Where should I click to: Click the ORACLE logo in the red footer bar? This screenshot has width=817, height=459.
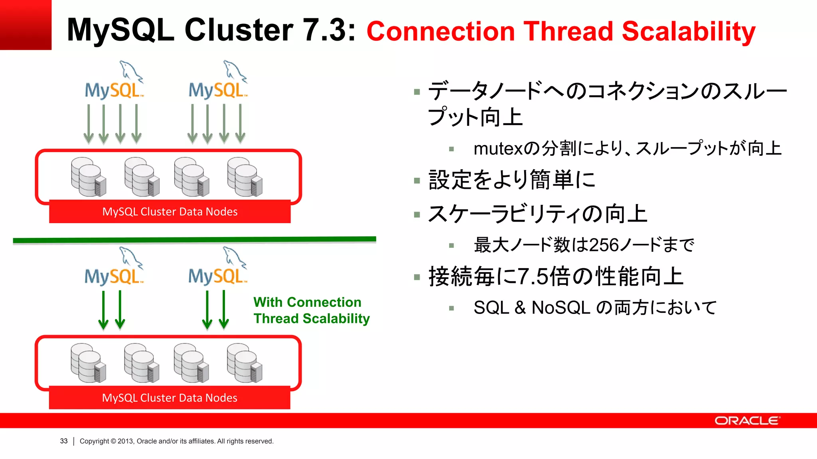click(747, 421)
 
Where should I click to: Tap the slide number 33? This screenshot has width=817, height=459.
click(64, 441)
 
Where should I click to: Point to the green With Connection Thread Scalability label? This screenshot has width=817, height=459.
click(311, 310)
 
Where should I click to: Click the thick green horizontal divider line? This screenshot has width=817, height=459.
click(194, 240)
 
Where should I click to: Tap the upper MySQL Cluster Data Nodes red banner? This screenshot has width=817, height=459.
click(170, 212)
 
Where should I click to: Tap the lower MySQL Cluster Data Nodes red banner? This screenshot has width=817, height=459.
click(170, 398)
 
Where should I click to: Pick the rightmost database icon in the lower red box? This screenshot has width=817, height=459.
click(245, 363)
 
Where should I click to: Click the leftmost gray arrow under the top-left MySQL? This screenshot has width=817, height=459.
click(89, 124)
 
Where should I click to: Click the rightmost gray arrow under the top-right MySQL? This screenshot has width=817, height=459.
click(240, 124)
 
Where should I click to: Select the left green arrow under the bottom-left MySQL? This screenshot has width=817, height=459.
click(103, 310)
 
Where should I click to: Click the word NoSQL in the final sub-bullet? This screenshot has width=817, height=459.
click(560, 308)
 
